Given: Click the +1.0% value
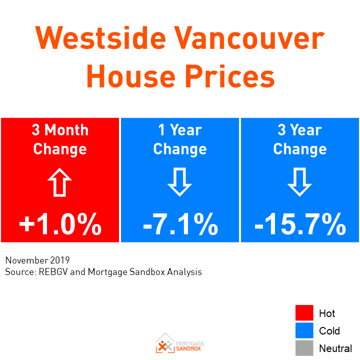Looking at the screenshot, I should click(60, 225).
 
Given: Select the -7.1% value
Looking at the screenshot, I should click(180, 225).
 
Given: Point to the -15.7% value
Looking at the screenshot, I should click(300, 225).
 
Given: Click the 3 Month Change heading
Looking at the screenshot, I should click(60, 139).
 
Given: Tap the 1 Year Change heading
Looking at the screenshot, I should click(180, 139).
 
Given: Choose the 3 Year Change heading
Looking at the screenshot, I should click(300, 139).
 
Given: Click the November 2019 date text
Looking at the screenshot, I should click(37, 260).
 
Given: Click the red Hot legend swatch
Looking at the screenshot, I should click(304, 313).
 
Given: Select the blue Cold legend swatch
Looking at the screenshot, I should click(304, 330).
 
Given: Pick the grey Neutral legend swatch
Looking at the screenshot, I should click(304, 348).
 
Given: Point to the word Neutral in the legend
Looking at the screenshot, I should click(335, 348).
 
